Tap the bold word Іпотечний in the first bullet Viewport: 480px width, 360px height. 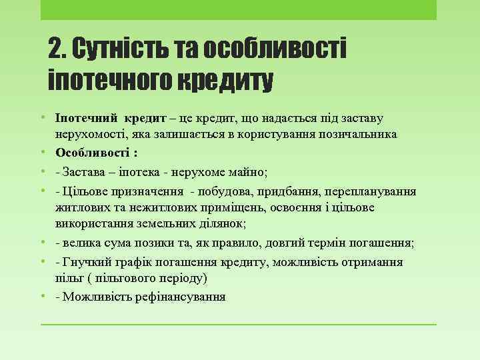click(x=84, y=117)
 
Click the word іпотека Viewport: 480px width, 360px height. click(x=145, y=172)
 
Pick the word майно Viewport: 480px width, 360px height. click(x=247, y=172)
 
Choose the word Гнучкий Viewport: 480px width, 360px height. click(x=85, y=261)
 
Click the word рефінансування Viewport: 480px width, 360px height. click(x=179, y=297)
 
